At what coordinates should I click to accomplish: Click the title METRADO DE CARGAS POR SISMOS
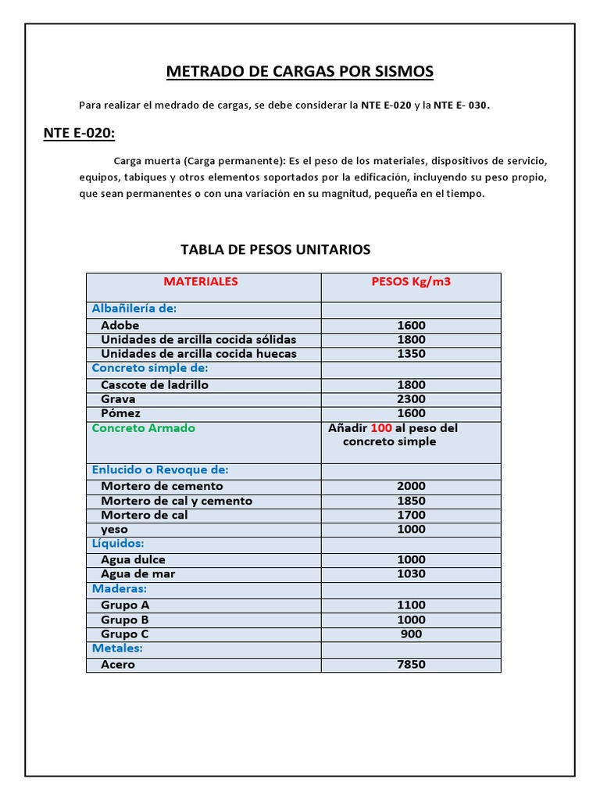pos(300,72)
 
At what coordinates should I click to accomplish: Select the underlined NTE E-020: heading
pos(79,134)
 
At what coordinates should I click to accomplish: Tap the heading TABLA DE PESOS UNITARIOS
pos(275,250)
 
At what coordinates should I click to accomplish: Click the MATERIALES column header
pos(201,281)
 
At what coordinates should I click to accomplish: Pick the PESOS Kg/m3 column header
pos(411,281)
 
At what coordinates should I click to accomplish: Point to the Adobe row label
pos(120,325)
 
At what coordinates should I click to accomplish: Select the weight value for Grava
pos(411,398)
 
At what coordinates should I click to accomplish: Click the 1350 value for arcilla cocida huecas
pos(411,353)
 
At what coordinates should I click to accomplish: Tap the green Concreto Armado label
pos(144,428)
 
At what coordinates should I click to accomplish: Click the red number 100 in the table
pos(380,428)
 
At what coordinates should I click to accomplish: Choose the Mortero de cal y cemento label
pos(177,501)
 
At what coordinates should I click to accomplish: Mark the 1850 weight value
pos(411,501)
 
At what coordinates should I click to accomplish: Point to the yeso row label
pos(114,529)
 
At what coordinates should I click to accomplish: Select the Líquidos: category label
pos(118,543)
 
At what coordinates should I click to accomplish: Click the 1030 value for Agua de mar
pos(411,573)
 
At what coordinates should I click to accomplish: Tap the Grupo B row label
pos(125,620)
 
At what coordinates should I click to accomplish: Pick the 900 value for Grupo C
pos(411,634)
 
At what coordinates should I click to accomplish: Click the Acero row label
pos(118,664)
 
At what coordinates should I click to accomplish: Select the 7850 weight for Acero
pos(411,664)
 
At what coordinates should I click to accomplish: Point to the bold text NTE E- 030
pos(461,105)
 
